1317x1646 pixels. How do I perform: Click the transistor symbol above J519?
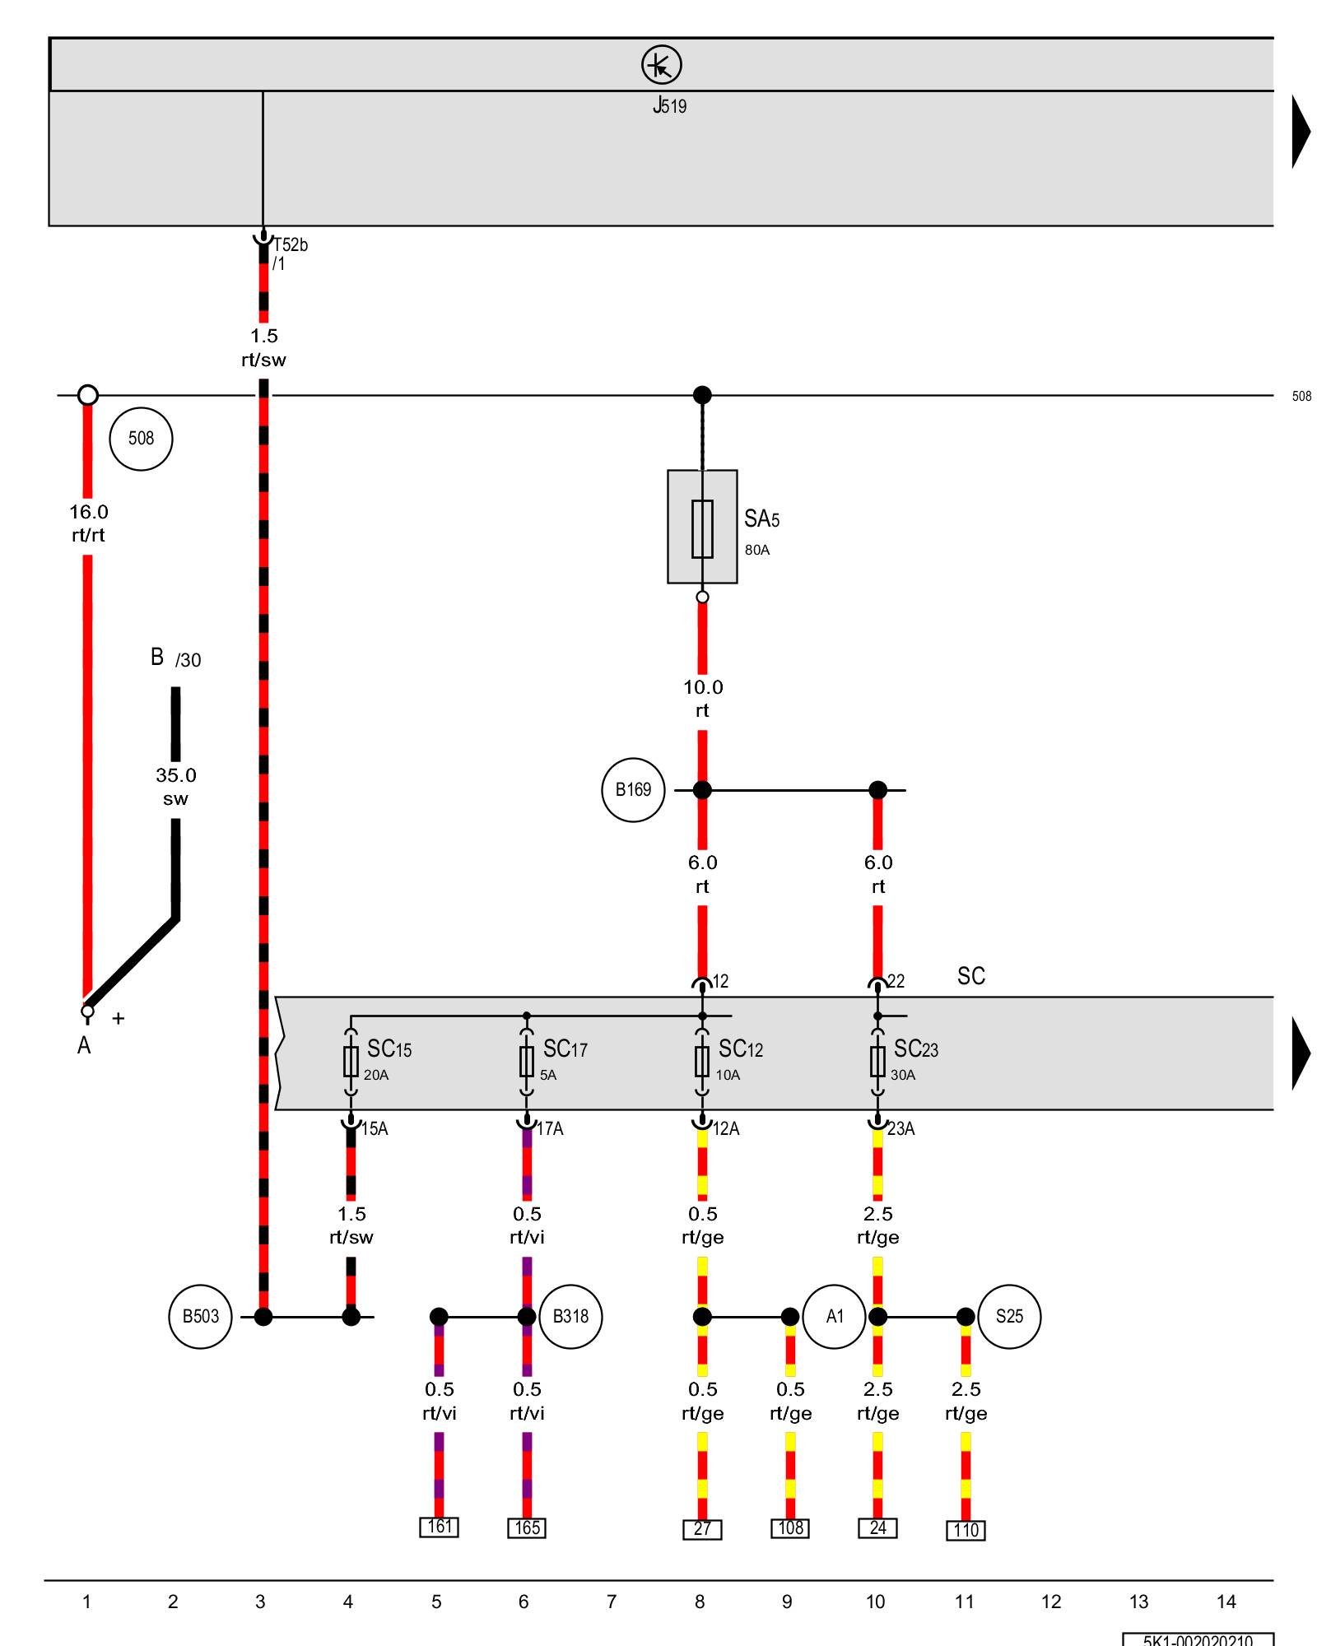point(661,64)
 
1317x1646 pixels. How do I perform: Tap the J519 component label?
point(669,105)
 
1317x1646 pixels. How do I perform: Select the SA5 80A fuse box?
point(702,528)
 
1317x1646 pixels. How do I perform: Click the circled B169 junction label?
point(633,790)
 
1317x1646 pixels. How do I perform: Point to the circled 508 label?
point(141,439)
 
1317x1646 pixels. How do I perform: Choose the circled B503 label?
point(200,1317)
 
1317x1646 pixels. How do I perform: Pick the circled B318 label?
point(570,1317)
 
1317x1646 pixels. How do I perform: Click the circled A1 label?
point(834,1317)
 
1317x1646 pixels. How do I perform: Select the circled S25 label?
point(1009,1317)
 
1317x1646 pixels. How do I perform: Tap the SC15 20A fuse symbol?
point(351,1062)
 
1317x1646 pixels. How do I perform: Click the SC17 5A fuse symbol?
point(527,1062)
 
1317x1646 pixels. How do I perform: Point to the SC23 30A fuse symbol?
point(877,1062)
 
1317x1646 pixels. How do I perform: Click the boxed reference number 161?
point(439,1527)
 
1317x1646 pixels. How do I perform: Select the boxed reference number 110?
point(966,1530)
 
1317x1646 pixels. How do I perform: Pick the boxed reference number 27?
point(702,1529)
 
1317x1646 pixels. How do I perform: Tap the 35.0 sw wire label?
point(175,787)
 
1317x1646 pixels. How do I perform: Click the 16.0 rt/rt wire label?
point(88,523)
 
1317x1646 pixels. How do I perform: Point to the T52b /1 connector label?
point(290,253)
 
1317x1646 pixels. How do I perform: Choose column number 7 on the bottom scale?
point(612,1602)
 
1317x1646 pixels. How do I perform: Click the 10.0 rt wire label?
point(702,699)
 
